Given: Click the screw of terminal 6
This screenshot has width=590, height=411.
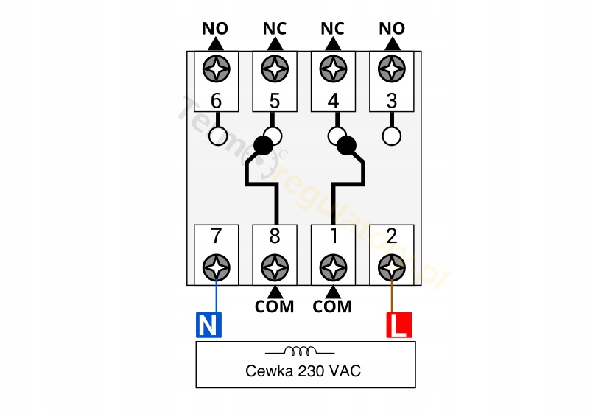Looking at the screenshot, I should [216, 68].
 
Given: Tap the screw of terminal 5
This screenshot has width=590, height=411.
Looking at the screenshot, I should [275, 68].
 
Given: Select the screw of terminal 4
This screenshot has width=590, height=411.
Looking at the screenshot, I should [333, 68].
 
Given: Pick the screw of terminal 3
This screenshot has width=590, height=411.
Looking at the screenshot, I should [391, 68].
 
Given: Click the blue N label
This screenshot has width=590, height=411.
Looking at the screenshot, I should [208, 325].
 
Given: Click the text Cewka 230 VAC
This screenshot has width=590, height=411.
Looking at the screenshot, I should [303, 371].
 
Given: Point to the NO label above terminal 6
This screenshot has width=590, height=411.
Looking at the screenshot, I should [216, 29].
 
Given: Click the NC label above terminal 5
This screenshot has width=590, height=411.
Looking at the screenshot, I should [275, 29].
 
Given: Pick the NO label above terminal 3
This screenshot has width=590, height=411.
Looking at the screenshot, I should [391, 29].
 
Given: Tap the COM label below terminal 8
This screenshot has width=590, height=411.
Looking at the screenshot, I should [275, 306].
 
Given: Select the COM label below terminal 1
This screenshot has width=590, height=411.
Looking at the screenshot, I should [332, 306].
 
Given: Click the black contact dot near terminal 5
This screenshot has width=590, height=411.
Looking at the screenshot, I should [263, 146].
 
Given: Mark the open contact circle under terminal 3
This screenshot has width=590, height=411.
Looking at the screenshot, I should [391, 136].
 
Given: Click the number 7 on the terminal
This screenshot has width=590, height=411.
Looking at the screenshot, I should [216, 236].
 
